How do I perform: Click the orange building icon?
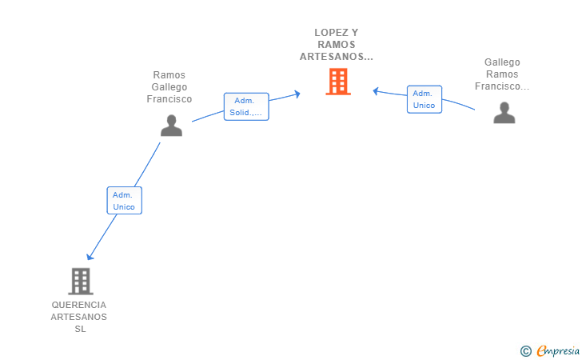[x=338, y=82]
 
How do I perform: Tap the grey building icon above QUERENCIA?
[x=81, y=282]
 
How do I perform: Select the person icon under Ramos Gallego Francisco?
[x=171, y=126]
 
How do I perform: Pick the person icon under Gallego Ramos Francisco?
[x=504, y=113]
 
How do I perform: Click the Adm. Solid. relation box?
[x=246, y=106]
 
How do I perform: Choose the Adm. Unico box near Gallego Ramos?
[x=425, y=99]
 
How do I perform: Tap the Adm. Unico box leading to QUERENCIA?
[x=125, y=201]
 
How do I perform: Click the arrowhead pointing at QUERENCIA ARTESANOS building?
[x=90, y=257]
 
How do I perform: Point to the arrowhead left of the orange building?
[x=297, y=94]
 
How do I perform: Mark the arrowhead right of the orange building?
[x=376, y=91]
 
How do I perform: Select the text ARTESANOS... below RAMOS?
[x=337, y=57]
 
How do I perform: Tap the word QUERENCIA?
[x=78, y=305]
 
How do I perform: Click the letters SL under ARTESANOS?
[x=80, y=329]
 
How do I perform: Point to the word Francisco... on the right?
[x=502, y=86]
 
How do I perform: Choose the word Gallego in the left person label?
[x=169, y=87]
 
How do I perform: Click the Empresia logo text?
[x=558, y=350]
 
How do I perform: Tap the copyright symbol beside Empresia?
[x=526, y=351]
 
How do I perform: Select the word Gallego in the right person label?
[x=502, y=62]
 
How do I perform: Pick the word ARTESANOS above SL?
[x=78, y=318]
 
